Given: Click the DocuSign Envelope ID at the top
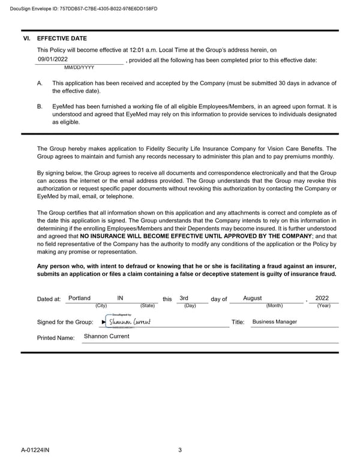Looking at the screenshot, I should pyautogui.click(x=80, y=7).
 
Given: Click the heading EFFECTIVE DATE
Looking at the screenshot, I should pyautogui.click(x=62, y=38).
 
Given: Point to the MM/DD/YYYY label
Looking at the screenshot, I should pyautogui.click(x=79, y=68).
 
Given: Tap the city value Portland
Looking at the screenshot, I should pyautogui.click(x=80, y=298).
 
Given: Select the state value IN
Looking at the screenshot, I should pyautogui.click(x=121, y=298).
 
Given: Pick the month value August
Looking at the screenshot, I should pyautogui.click(x=253, y=298).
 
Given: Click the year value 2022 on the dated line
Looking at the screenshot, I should pyautogui.click(x=322, y=298).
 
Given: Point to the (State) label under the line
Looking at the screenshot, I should pyautogui.click(x=147, y=306).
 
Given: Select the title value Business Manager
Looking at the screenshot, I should pyautogui.click(x=274, y=321).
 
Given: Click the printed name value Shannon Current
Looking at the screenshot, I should pyautogui.click(x=106, y=336).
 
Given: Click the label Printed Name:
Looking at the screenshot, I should pyautogui.click(x=56, y=338).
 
